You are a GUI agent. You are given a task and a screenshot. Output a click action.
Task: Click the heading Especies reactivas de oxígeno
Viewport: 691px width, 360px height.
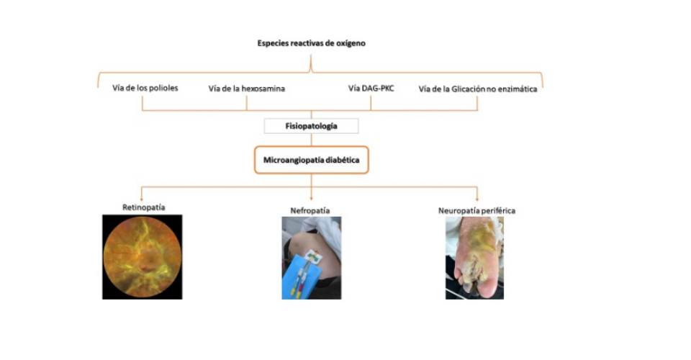(311, 43)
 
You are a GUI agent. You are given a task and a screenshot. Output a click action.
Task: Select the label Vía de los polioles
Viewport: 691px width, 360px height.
(145, 88)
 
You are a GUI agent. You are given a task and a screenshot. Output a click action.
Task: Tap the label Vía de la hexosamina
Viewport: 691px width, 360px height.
(246, 89)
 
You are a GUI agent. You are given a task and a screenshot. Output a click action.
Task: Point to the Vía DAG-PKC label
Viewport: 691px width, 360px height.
(371, 88)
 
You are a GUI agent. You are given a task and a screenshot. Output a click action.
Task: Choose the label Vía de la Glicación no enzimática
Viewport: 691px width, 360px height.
(478, 89)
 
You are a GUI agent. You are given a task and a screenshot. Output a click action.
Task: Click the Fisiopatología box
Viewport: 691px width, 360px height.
(311, 126)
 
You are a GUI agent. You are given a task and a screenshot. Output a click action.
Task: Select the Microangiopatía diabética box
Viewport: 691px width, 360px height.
(311, 160)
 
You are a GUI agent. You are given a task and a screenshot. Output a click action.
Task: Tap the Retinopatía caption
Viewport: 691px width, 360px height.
(144, 207)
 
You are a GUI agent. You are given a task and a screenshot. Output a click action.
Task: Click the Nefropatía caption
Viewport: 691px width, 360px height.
(310, 211)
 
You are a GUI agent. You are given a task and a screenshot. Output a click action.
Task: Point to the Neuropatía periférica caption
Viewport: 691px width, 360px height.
(477, 211)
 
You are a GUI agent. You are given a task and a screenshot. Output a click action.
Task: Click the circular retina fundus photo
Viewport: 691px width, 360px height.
(143, 257)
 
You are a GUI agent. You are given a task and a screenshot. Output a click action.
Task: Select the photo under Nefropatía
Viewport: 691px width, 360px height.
(312, 258)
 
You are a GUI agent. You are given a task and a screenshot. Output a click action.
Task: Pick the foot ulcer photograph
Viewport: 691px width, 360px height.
(474, 258)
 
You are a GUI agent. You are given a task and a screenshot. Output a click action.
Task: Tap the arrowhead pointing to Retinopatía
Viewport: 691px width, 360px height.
(142, 199)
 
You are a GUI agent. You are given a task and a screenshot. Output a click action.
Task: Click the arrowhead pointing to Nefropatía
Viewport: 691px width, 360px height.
(311, 199)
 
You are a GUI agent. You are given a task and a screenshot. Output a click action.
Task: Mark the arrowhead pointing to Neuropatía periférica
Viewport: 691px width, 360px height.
(477, 199)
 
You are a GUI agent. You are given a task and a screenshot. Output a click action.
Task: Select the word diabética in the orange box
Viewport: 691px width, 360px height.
(343, 160)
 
